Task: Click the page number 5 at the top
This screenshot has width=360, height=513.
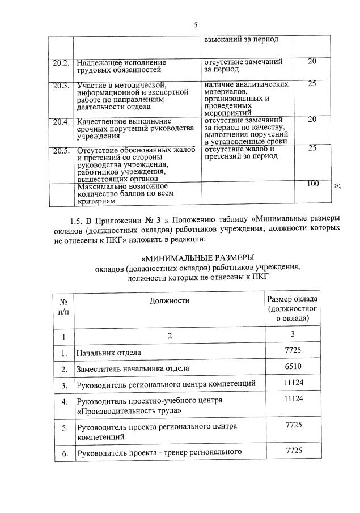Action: [x=196, y=25]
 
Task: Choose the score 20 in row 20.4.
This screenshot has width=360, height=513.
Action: [x=312, y=120]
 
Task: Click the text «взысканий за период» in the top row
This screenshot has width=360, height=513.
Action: [x=242, y=40]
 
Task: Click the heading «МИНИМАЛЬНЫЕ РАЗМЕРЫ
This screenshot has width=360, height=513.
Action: [x=197, y=258]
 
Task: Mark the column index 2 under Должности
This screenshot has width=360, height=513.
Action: [x=169, y=337]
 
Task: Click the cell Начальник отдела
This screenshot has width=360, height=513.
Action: [x=109, y=353]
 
